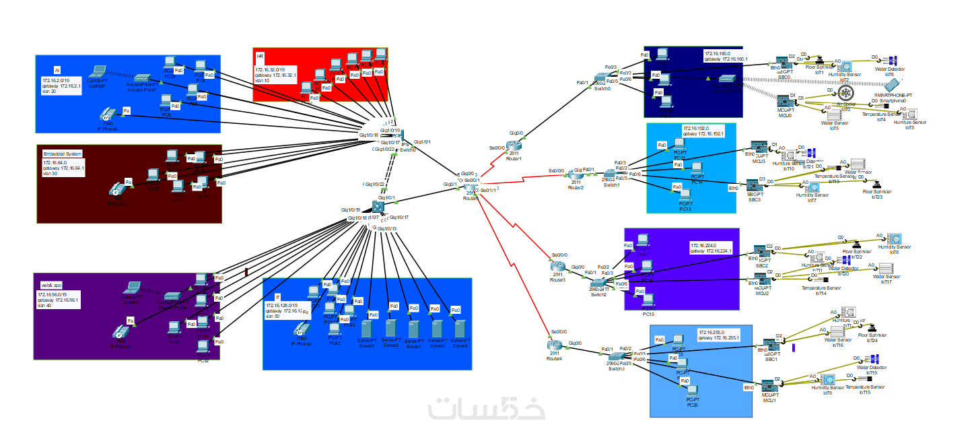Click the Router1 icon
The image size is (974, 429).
[x=515, y=145]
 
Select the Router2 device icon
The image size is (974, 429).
[x=576, y=174]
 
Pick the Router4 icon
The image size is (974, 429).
[x=554, y=345]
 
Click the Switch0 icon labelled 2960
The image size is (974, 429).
[x=601, y=79]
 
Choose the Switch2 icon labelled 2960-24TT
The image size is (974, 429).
[x=598, y=284]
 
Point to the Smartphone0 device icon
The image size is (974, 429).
[x=893, y=85]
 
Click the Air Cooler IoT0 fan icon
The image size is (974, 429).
[x=846, y=92]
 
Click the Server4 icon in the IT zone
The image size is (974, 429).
[x=460, y=329]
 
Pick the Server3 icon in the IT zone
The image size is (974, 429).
[x=367, y=329]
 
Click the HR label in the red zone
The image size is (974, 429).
[x=260, y=56]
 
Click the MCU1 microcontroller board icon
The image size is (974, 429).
[x=769, y=387]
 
